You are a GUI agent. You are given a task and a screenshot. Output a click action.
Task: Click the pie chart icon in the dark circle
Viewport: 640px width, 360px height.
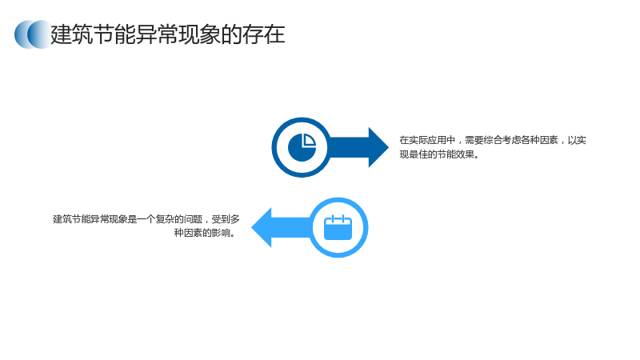click(302, 147)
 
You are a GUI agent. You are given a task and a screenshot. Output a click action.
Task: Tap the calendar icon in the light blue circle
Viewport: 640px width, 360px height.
click(338, 227)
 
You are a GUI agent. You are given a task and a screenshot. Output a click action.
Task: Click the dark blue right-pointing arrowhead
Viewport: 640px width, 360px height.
click(378, 147)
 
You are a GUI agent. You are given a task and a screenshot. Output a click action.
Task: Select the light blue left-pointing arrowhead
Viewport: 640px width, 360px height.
click(262, 227)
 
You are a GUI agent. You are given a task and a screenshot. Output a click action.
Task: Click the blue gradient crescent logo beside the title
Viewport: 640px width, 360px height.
click(33, 34)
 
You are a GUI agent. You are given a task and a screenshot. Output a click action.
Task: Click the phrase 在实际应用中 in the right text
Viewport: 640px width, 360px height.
click(427, 141)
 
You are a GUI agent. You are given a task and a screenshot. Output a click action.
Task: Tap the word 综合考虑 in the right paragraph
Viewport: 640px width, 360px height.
click(502, 141)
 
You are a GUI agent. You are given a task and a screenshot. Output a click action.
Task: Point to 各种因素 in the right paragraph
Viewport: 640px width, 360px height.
click(539, 141)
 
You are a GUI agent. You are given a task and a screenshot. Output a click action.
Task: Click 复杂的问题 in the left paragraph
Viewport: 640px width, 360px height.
click(179, 219)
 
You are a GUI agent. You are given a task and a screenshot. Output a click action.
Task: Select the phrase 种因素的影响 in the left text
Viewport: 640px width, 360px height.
click(202, 233)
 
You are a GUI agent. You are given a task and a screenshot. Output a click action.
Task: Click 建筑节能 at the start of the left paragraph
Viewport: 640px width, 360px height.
click(71, 219)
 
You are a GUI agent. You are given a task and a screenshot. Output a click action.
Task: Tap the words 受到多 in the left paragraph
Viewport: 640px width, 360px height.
click(226, 219)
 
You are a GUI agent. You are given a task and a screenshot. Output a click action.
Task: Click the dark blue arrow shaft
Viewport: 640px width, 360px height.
click(348, 147)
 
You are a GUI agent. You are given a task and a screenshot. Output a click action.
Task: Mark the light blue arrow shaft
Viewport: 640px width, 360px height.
click(292, 227)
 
